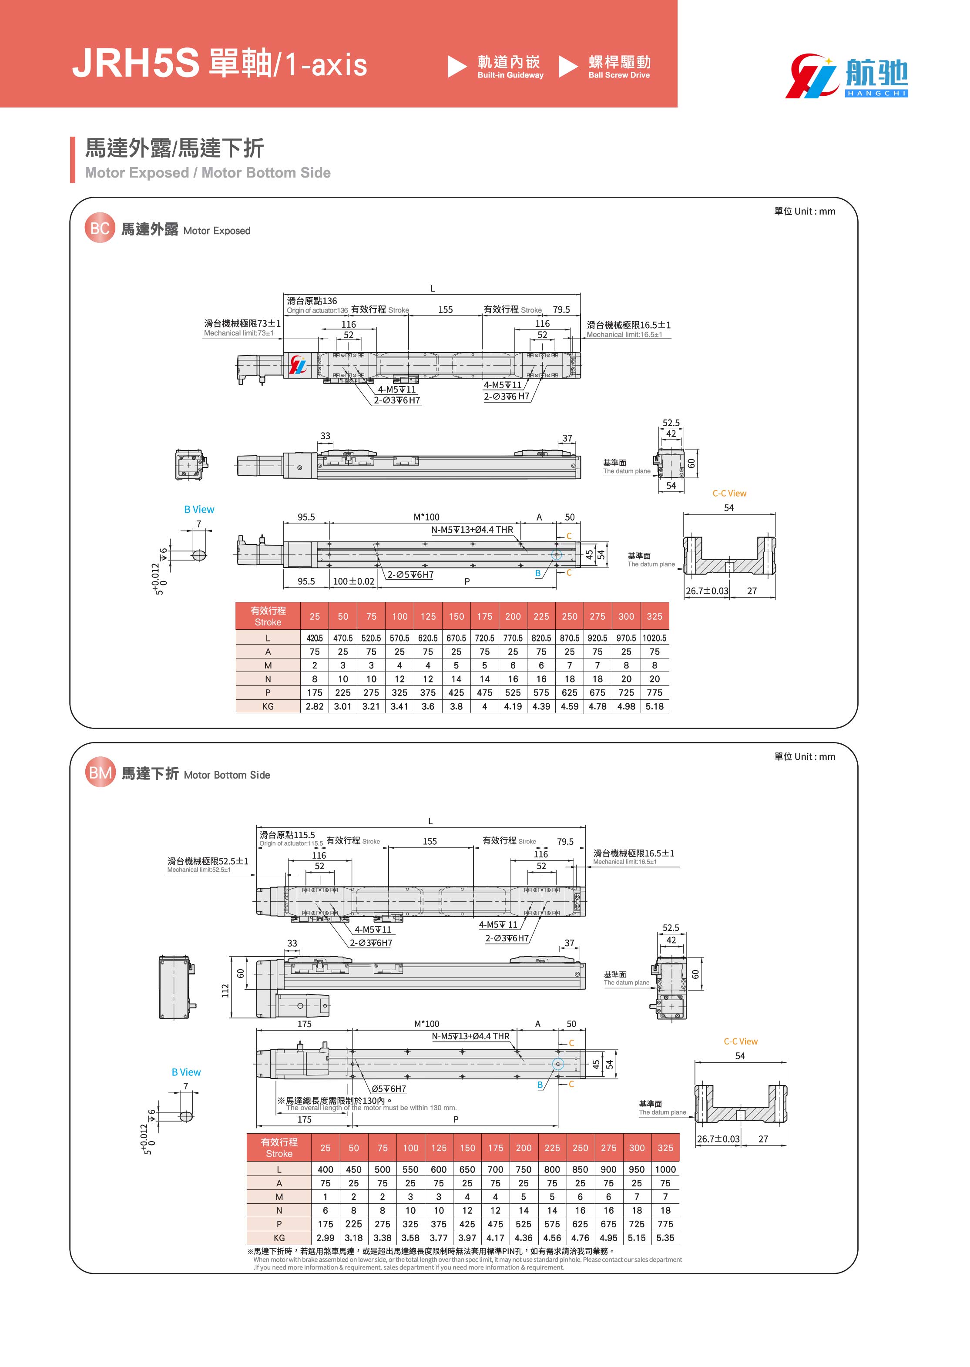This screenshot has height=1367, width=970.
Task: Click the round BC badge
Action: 99,228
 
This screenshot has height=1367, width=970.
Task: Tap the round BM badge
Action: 100,773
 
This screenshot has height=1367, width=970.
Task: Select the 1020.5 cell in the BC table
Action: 654,638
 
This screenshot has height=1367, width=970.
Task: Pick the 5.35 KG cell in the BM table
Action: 665,1238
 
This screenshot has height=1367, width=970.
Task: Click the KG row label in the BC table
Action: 268,706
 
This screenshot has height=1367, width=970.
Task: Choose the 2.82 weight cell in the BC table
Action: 314,706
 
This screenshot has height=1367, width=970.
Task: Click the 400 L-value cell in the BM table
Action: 325,1169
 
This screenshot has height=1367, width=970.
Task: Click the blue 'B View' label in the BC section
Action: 199,509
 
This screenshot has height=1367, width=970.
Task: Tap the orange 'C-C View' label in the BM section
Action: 740,1041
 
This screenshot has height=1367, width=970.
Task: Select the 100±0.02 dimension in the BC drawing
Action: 354,581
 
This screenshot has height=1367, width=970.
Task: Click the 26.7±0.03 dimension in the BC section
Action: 707,591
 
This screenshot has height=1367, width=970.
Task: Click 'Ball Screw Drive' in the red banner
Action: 619,75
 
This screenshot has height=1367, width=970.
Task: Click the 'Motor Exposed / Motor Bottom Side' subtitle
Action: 207,173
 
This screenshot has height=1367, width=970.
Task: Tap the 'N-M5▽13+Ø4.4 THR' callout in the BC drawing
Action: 472,530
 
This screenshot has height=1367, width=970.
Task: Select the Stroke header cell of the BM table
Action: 279,1147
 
